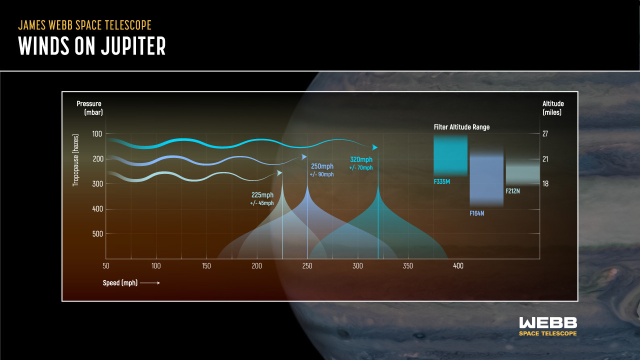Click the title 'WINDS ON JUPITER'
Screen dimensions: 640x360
[x=91, y=45]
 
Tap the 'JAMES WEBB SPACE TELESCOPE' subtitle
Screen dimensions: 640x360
[x=84, y=25]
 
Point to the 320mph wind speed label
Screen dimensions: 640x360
[x=361, y=159]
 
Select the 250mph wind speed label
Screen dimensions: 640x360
[x=322, y=166]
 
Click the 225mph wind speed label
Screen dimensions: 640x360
[x=262, y=195]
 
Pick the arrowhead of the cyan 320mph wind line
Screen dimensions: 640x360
[x=374, y=147]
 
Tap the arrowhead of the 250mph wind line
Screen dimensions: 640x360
[x=304, y=157]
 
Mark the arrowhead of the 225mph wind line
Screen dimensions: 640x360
[x=279, y=173]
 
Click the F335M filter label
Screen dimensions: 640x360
[x=441, y=181]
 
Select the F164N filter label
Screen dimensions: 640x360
[x=477, y=213]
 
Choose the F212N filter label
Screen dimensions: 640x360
[x=512, y=191]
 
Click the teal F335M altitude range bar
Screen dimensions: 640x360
[x=450, y=155]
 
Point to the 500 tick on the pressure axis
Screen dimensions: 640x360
[x=97, y=234]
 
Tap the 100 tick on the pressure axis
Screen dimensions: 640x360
[x=97, y=133]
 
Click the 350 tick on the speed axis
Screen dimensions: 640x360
[x=407, y=266]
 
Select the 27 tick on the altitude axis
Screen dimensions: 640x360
[x=545, y=133]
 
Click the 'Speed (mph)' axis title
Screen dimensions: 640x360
[x=120, y=283]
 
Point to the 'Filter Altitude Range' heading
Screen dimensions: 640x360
[x=461, y=127]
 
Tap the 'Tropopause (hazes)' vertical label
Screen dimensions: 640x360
[x=75, y=160]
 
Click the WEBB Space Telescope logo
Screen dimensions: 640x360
[x=548, y=326]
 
